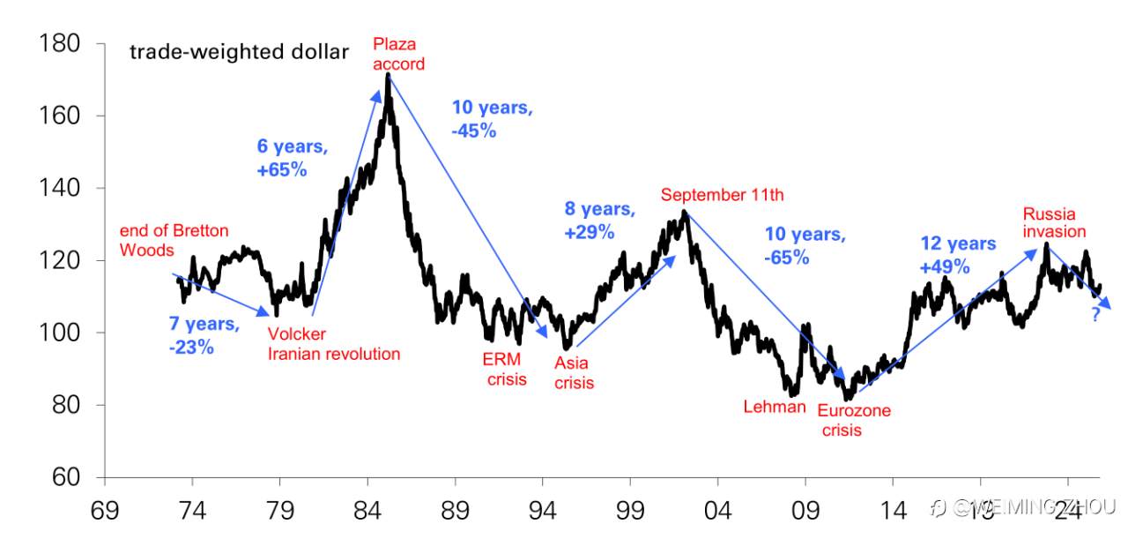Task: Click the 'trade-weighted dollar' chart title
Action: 239,52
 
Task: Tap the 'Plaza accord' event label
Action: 398,54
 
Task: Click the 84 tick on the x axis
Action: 367,510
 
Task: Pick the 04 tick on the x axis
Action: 717,510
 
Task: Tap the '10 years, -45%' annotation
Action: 492,119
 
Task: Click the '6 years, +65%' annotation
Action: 293,159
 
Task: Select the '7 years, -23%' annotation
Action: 204,335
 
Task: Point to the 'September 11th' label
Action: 722,195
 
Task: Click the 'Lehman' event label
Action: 775,407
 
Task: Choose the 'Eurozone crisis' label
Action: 853,420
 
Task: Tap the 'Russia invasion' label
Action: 1054,223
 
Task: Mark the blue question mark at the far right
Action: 1095,314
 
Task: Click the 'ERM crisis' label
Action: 504,369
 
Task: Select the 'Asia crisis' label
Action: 574,372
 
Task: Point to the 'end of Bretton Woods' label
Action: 174,240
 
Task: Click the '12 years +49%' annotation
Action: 958,255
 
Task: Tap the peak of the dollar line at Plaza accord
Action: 388,75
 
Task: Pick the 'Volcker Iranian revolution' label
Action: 334,344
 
